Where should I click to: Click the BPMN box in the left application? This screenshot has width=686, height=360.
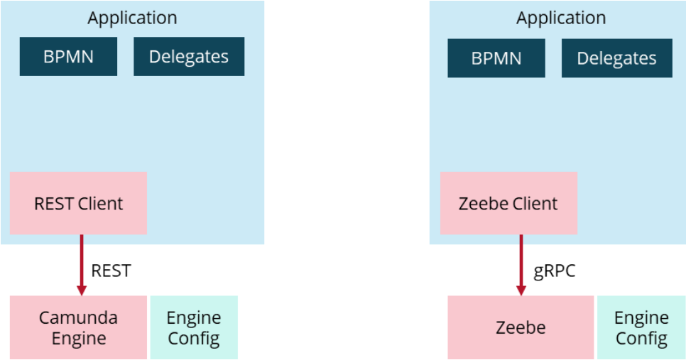68,57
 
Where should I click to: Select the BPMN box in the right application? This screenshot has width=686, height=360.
496,58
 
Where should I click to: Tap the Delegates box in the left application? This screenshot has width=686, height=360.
189,57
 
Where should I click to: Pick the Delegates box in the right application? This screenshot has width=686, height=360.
616,58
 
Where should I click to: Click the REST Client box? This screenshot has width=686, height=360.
78,203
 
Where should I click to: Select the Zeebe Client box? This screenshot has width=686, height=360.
508,204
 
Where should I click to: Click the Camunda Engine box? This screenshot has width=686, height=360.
78,327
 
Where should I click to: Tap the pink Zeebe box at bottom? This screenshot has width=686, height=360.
521,327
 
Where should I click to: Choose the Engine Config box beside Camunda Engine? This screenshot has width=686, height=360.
194,327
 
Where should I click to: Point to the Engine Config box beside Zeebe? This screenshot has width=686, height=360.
641,327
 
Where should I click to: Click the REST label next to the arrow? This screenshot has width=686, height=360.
111,271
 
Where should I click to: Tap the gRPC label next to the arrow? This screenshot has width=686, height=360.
554,271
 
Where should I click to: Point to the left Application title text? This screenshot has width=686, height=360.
132,18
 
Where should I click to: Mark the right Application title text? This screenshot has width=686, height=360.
561,18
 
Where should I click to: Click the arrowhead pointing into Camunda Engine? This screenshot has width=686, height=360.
82,290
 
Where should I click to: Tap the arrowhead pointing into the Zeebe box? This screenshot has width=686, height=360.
521,290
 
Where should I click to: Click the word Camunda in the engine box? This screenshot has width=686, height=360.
78,317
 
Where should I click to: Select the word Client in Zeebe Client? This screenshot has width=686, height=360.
533,204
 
